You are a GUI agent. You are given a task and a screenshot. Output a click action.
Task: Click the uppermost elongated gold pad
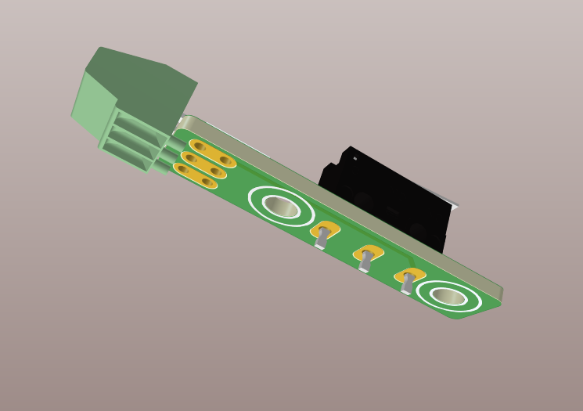pos(212,153)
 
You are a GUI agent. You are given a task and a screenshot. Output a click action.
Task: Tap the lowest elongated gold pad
pos(195,176)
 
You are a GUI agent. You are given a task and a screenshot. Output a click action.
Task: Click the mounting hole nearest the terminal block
pos(281,207)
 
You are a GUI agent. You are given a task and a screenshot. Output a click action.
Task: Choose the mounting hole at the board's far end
pos(448,297)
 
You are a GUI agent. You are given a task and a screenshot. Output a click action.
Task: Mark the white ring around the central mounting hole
pos(259,193)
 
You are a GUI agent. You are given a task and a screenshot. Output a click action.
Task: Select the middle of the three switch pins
pos(365,261)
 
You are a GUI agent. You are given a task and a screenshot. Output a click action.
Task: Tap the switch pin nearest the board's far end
pos(406,283)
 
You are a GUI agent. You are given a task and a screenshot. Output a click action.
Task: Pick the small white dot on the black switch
pos(354,158)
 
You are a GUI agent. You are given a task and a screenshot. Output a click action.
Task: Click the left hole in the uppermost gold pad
pos(200,146)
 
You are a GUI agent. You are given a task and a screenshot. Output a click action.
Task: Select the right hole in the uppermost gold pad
pos(225,160)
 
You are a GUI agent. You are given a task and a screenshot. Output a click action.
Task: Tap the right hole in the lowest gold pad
pos(207,182)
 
